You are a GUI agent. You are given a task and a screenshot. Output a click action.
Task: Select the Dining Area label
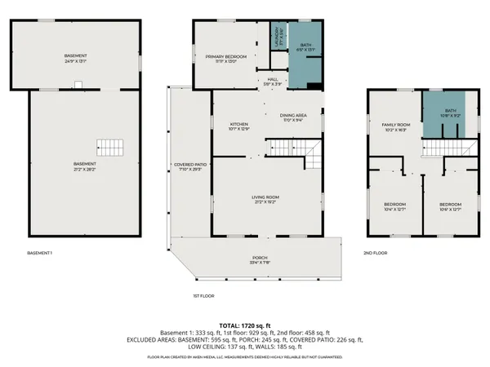(x=292, y=118)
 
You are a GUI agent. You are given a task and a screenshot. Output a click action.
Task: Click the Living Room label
(x=265, y=199)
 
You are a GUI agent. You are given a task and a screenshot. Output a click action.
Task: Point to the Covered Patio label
(x=189, y=167)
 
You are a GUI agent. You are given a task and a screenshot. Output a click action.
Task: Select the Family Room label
(x=395, y=126)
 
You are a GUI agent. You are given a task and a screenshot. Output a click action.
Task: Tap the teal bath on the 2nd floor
(x=450, y=114)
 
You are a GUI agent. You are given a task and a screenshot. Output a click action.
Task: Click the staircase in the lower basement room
(x=110, y=148)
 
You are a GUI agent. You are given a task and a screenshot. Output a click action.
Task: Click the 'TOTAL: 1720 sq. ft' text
(x=244, y=324)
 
